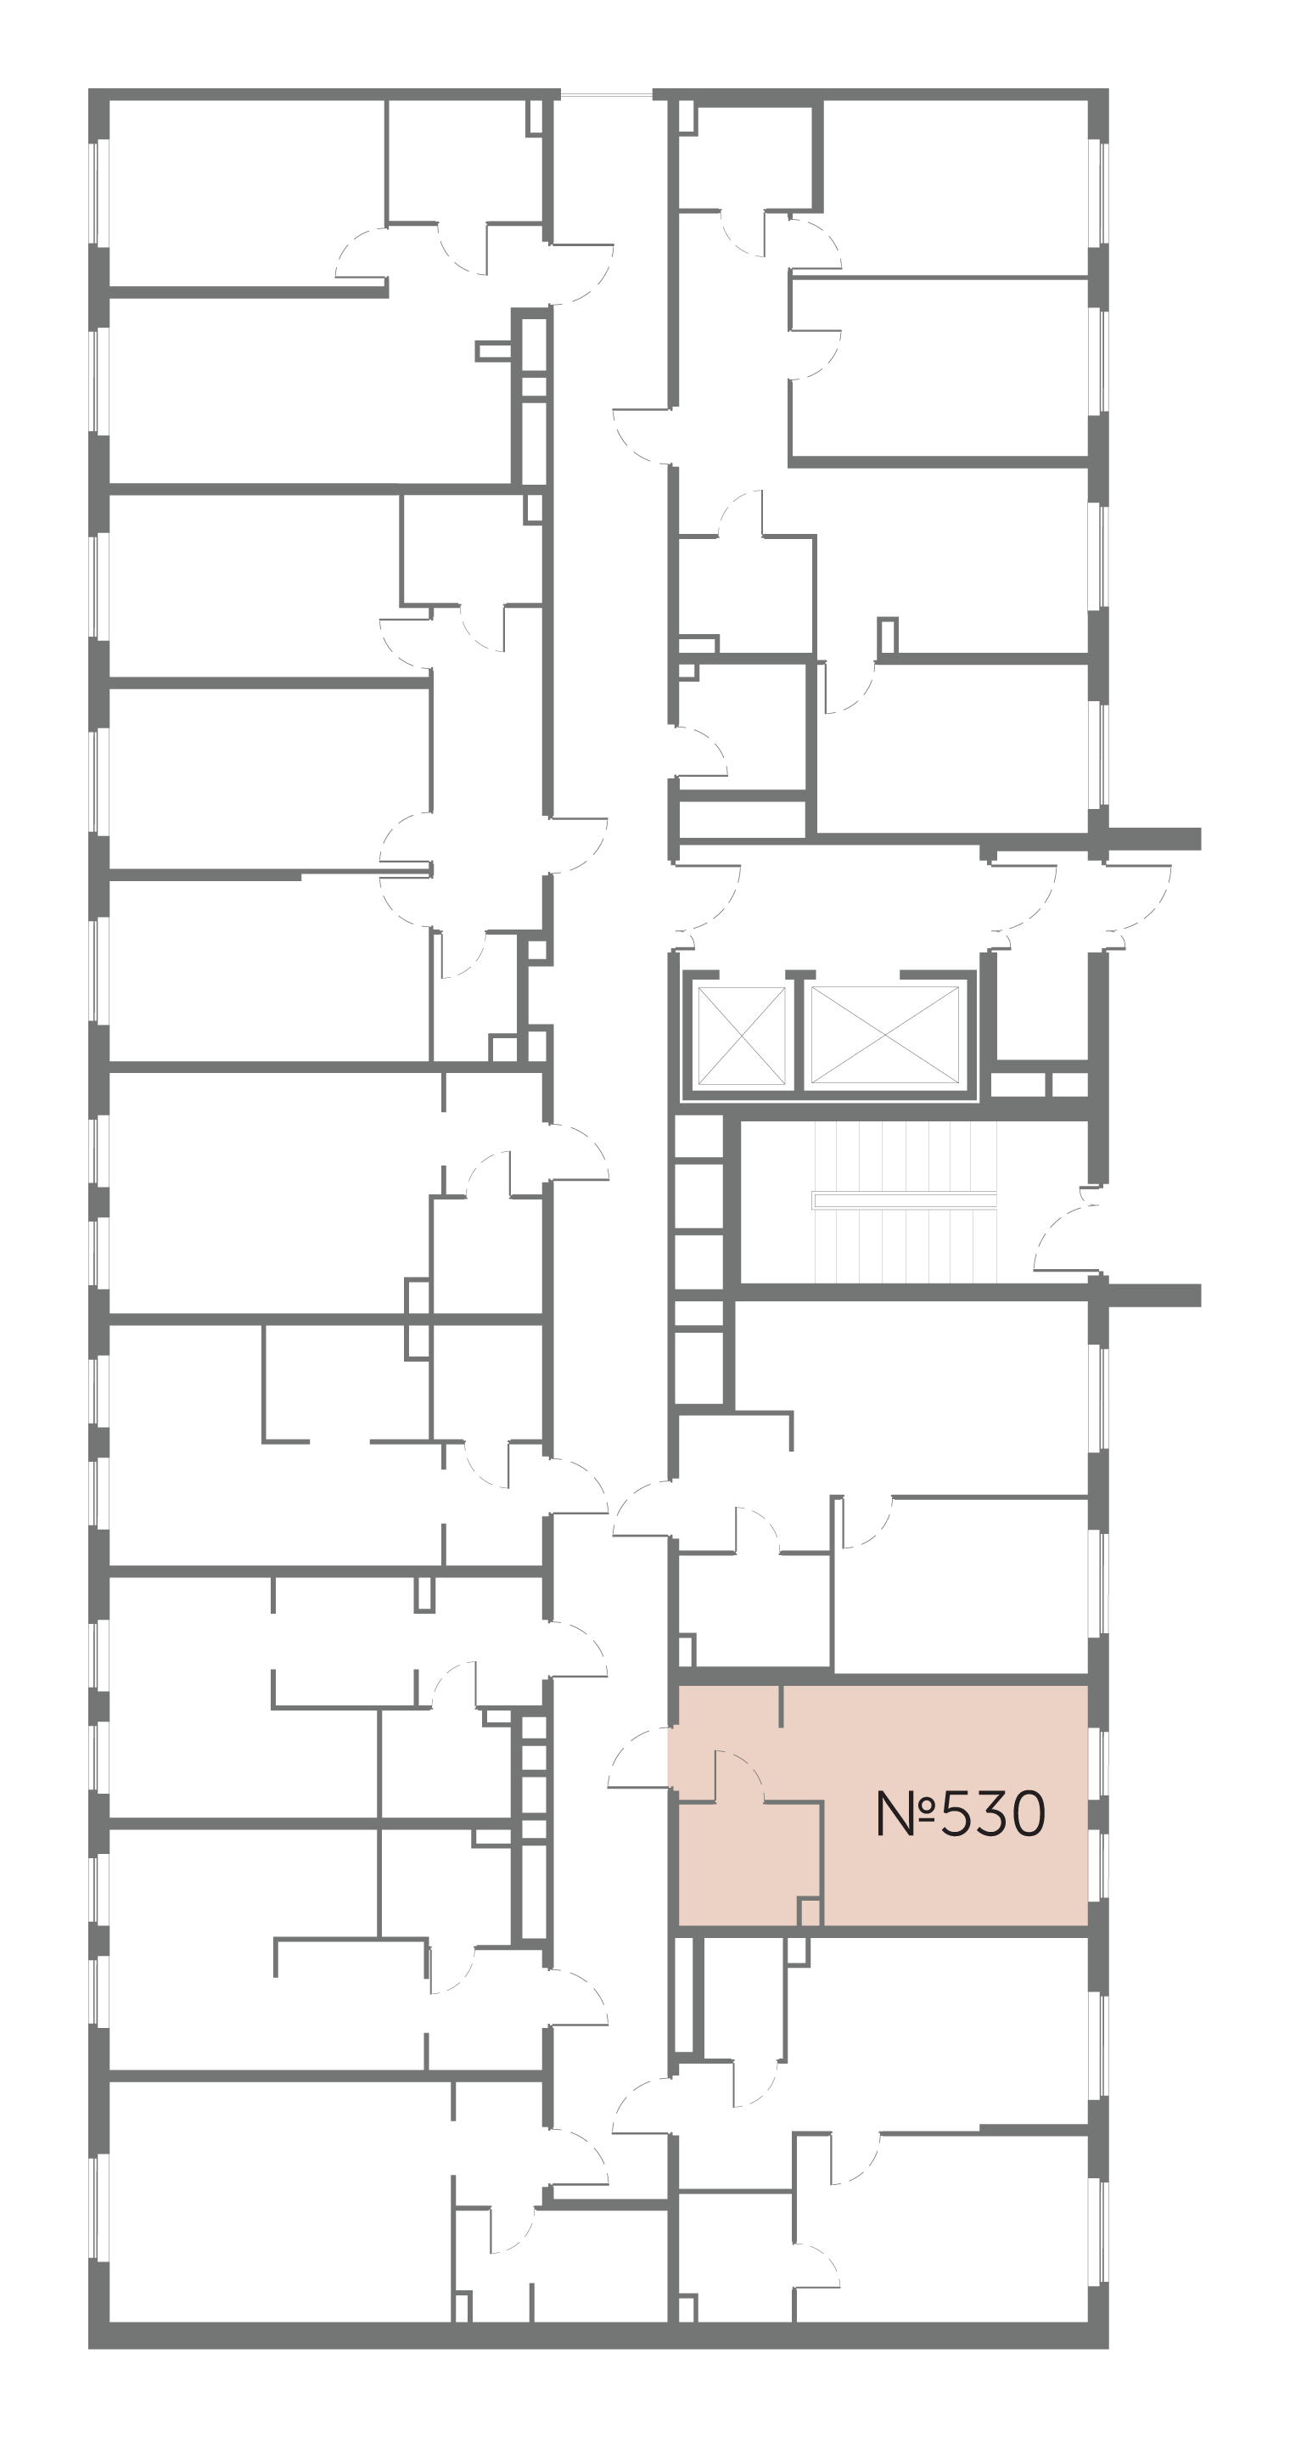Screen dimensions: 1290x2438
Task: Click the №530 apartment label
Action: click(961, 1813)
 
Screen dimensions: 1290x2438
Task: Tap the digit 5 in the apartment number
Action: click(959, 1814)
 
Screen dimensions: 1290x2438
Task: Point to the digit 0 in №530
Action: click(1028, 1814)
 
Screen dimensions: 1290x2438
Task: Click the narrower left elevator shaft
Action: click(741, 1036)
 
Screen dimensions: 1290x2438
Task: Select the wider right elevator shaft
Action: click(885, 1036)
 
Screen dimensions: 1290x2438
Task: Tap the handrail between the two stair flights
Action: click(904, 1200)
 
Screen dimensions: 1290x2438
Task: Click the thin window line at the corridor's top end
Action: click(606, 94)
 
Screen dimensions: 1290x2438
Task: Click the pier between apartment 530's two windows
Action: click(1098, 1814)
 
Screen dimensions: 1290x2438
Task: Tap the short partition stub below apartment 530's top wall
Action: click(781, 1705)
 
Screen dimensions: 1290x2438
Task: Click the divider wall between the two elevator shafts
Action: click(799, 1036)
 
